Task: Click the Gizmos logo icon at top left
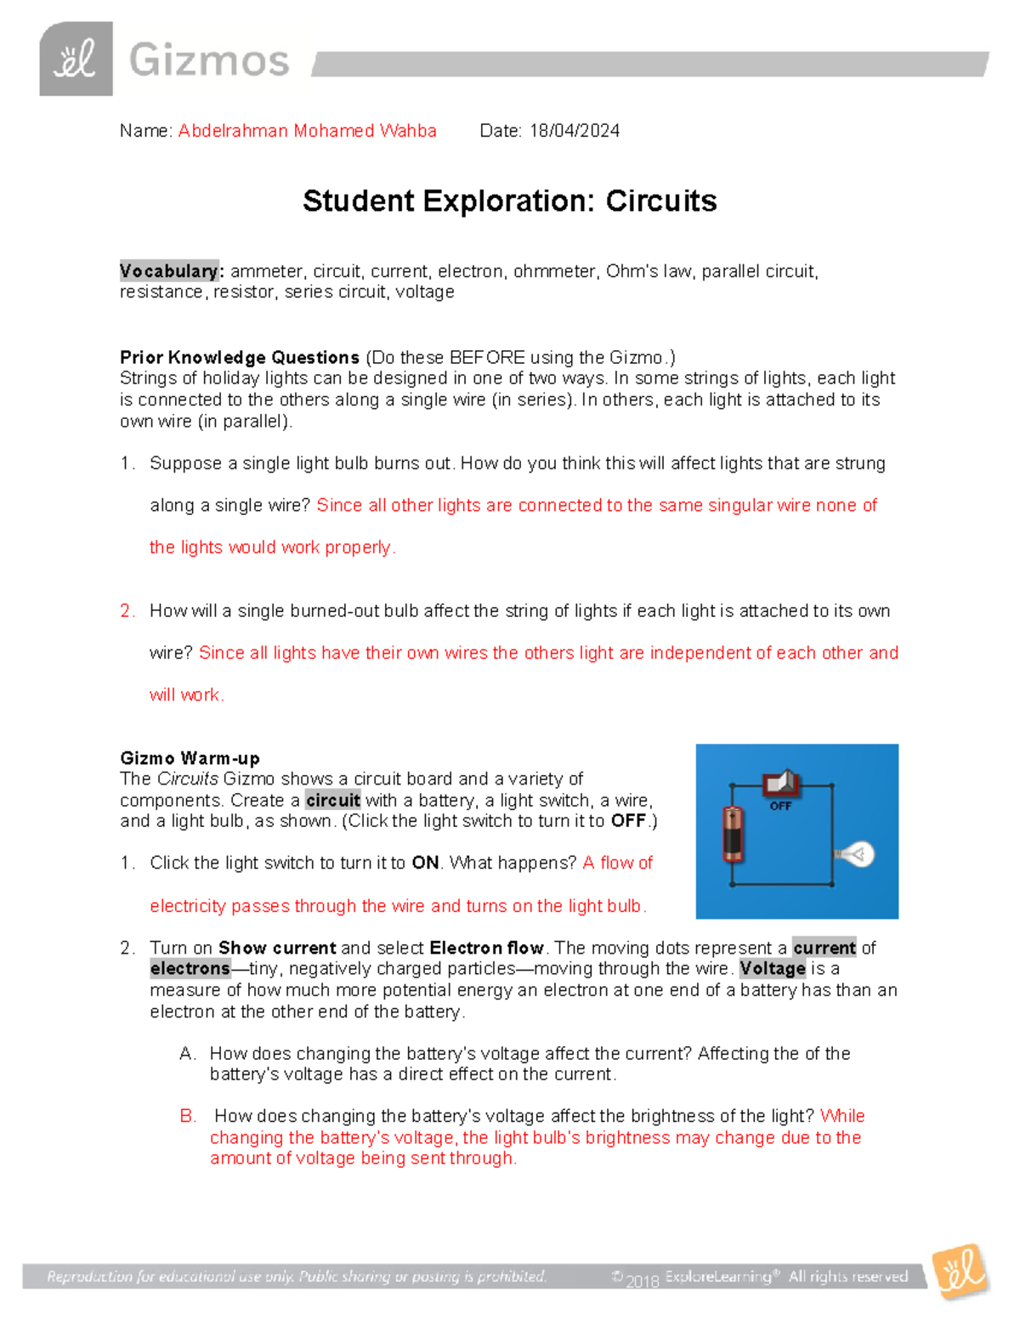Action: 76,59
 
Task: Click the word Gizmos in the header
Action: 209,61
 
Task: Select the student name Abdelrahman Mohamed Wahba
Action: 307,131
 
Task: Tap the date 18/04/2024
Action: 574,131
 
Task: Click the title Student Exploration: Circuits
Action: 509,201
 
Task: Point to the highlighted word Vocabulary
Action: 169,271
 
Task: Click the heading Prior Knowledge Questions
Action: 240,357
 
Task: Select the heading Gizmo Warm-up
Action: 190,757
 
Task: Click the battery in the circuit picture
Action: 733,834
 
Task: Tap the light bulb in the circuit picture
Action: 856,853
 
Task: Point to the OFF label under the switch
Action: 780,806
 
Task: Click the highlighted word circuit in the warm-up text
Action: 333,800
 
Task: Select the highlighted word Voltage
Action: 772,968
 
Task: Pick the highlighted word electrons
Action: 190,968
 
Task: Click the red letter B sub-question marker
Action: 188,1116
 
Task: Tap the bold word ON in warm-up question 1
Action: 425,863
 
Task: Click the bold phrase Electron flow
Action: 486,948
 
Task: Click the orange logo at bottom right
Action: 960,1272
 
